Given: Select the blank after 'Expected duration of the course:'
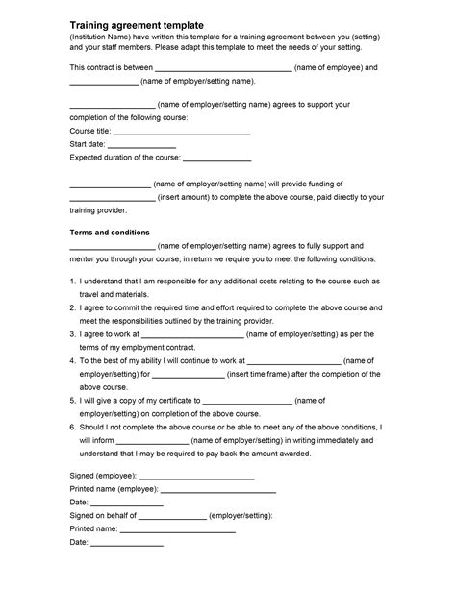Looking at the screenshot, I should tap(216, 159).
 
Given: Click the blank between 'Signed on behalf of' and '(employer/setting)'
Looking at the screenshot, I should tap(174, 515).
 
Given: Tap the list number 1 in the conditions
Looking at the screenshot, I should tap(73, 282).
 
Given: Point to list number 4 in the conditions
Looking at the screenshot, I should tap(73, 360).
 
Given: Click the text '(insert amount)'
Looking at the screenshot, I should tap(187, 197).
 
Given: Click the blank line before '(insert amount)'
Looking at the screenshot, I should tap(112, 197).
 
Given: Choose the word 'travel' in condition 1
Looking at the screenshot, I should tap(93, 295).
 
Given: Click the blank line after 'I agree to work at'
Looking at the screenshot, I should tap(193, 334).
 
